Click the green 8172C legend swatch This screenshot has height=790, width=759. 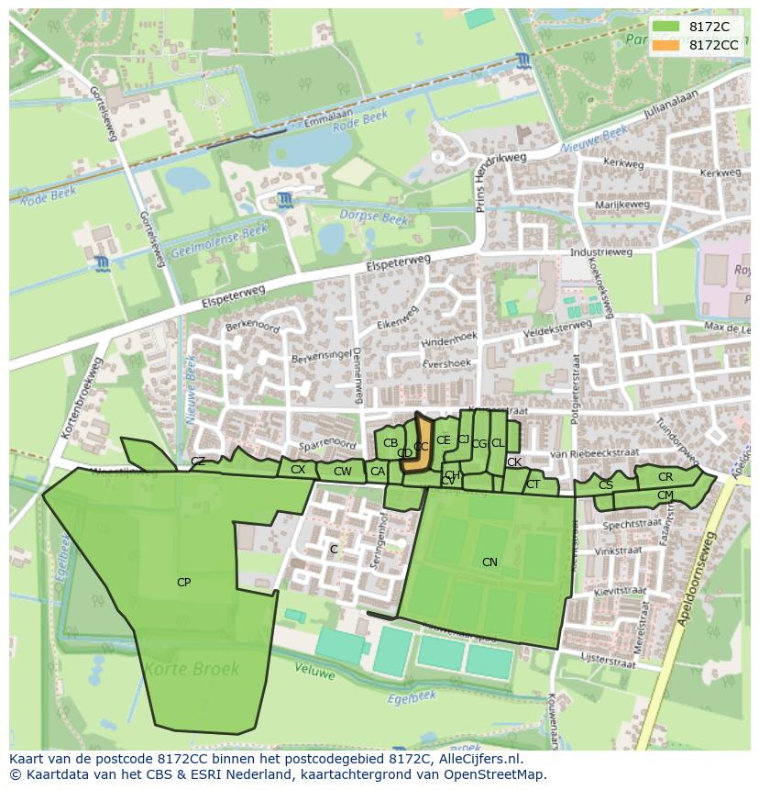click(667, 27)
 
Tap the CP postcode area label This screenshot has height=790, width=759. click(184, 582)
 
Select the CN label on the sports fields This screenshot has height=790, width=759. click(489, 562)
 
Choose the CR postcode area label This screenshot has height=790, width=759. click(665, 477)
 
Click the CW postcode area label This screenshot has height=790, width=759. click(342, 472)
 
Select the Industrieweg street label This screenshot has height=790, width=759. click(600, 252)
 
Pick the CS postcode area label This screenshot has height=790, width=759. click(606, 484)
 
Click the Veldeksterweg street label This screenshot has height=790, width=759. click(557, 326)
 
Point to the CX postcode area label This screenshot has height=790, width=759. click(298, 470)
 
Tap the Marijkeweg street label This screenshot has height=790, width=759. click(621, 205)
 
